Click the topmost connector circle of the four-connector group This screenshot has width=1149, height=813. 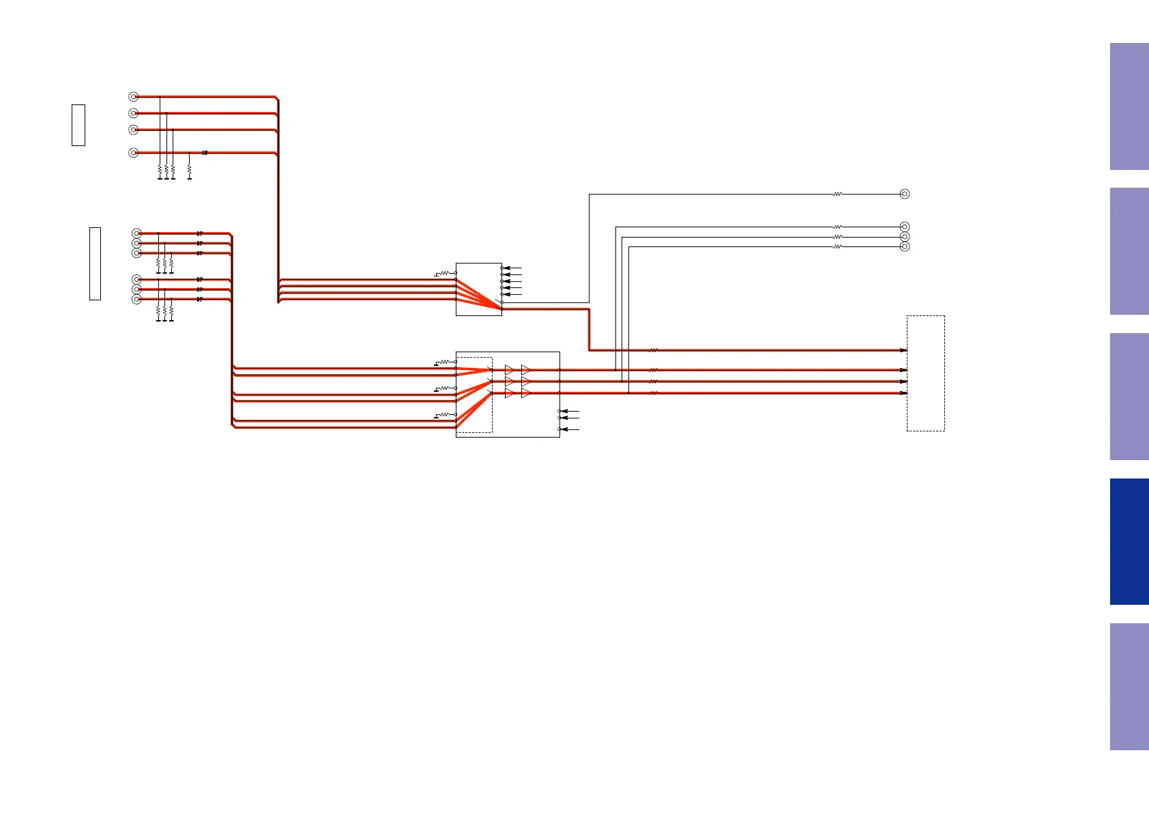(x=134, y=97)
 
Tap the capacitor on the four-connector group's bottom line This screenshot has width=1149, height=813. (x=205, y=153)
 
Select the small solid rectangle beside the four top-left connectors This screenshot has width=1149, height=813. (x=78, y=125)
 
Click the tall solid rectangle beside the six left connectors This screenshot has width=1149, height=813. (x=95, y=263)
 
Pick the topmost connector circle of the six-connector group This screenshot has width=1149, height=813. (x=136, y=233)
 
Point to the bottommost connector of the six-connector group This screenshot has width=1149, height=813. (x=136, y=299)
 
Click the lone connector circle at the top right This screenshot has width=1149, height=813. (x=905, y=194)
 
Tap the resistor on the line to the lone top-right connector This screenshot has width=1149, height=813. (x=838, y=194)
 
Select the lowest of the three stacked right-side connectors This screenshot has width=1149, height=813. (x=905, y=246)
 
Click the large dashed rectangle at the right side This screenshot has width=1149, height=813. (x=926, y=373)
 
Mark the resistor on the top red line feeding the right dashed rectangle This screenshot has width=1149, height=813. (x=653, y=350)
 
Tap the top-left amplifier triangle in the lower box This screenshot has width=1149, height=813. (x=509, y=370)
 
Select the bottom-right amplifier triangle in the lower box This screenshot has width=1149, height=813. (x=526, y=393)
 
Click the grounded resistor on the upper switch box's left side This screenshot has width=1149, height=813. (x=445, y=273)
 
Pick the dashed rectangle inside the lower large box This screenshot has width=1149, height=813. (x=474, y=395)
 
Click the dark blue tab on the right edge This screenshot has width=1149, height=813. (x=1129, y=541)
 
